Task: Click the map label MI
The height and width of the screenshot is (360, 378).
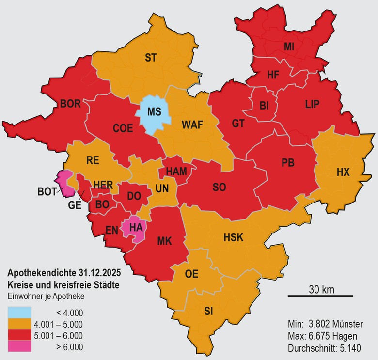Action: (x=289, y=47)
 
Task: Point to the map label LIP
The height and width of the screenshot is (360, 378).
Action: (x=313, y=104)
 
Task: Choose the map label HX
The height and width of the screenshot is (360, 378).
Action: (x=343, y=172)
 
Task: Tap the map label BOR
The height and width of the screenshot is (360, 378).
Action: (x=70, y=103)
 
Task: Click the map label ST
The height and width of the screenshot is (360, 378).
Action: (x=151, y=58)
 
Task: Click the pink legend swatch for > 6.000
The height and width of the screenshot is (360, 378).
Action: (x=19, y=347)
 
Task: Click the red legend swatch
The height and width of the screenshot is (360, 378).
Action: (x=19, y=335)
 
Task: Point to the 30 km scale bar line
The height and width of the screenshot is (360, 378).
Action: (x=320, y=296)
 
